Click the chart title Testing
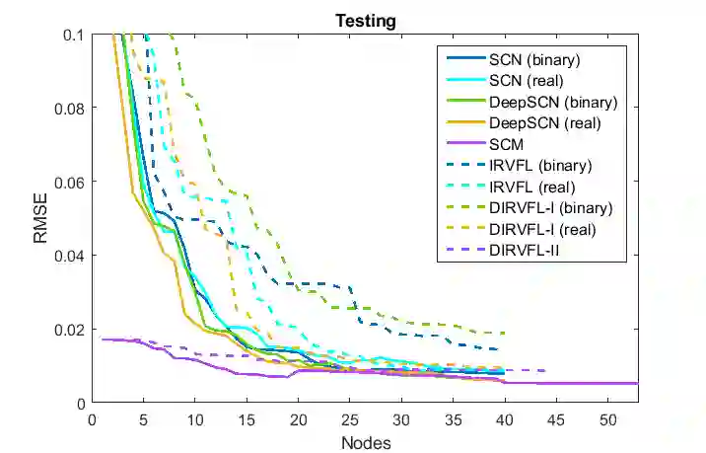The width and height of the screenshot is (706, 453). (365, 20)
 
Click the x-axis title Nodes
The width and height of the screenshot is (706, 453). (365, 442)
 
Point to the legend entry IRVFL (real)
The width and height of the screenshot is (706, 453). (531, 187)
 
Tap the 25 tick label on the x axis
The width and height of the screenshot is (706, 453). (349, 418)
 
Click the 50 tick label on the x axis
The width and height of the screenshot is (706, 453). (606, 418)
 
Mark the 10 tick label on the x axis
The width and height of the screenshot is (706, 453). (195, 418)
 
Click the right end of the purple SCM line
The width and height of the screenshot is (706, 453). (637, 383)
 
